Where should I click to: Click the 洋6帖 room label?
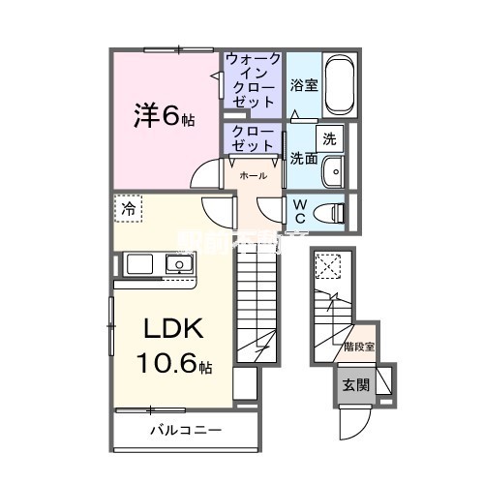[x=164, y=118]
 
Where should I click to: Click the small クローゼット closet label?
[x=252, y=137]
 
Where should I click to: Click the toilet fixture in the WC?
[x=332, y=211]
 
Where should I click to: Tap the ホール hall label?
[x=254, y=176]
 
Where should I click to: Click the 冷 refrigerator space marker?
[x=128, y=208]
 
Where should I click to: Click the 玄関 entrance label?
[x=351, y=383]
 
